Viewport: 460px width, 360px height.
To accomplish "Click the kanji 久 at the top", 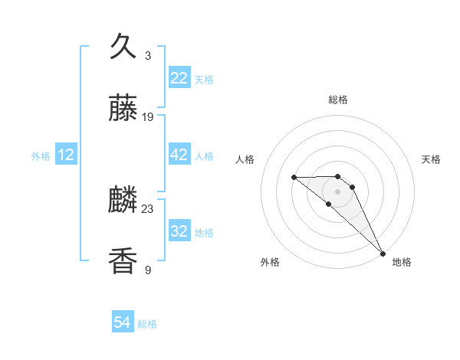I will pos(123,47).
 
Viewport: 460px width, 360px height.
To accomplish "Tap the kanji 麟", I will pos(123,201).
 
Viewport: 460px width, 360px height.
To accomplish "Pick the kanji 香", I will pos(123,261).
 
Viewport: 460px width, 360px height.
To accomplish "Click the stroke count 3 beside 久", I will pos(148,56).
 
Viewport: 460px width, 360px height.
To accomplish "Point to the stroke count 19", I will pos(148,117).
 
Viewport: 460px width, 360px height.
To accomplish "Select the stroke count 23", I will pos(148,208).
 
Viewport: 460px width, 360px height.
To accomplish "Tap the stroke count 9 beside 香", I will pos(148,270).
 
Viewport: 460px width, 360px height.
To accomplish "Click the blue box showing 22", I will pos(179,78).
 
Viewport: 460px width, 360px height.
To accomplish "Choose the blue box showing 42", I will pos(179,155).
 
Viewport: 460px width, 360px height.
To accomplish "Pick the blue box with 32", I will pos(179,231).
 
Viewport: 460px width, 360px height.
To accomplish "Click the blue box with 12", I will pos(66,155).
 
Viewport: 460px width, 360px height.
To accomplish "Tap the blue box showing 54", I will pos(123,323).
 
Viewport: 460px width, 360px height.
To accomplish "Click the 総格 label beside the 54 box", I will pos(147,324).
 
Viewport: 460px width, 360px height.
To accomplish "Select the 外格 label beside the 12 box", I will pos(41,155).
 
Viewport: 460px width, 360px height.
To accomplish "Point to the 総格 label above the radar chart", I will pos(338,100).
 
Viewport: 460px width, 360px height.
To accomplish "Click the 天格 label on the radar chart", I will pos(431,159).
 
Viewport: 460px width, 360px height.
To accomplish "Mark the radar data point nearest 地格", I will pos(382,253).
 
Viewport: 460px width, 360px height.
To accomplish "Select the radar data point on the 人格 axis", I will pos(294,178).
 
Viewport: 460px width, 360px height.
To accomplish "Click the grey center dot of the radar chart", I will pos(337,191).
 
